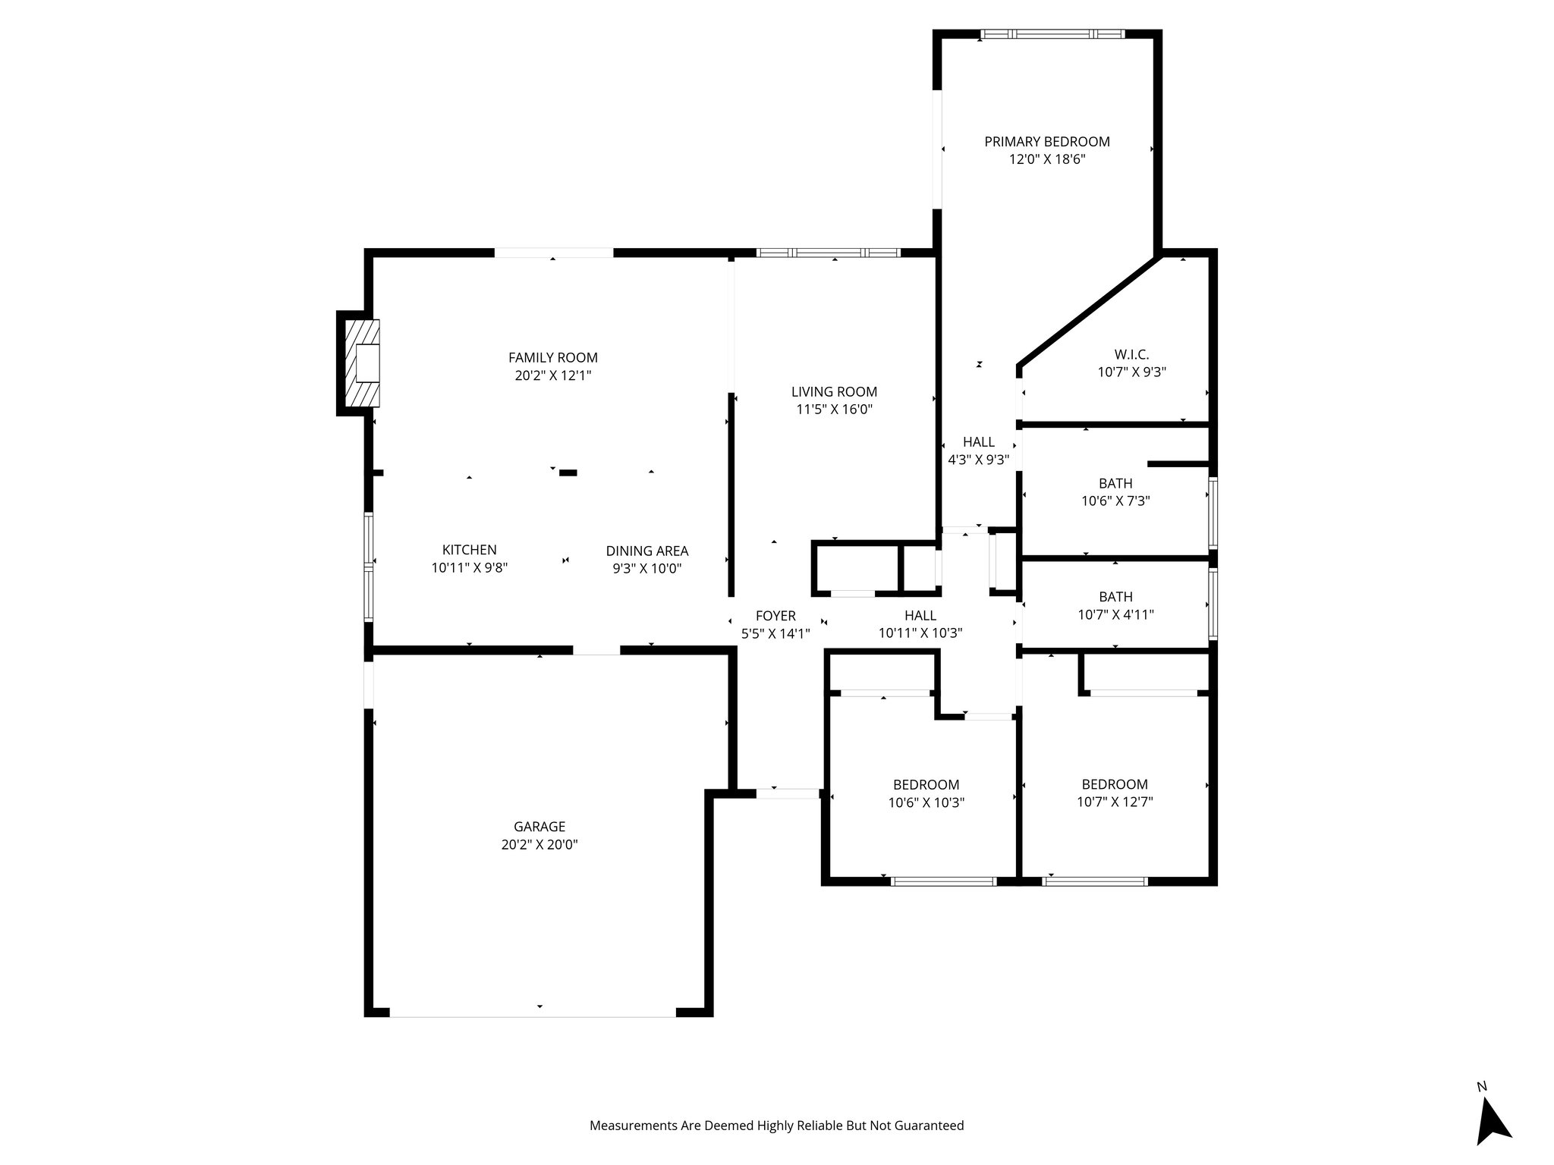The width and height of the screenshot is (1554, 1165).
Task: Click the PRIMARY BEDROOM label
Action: (x=1046, y=142)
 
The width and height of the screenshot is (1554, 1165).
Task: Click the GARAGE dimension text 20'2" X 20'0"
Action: (x=539, y=845)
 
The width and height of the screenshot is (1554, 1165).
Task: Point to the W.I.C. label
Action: (x=1131, y=354)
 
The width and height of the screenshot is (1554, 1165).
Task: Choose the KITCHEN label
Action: (x=469, y=550)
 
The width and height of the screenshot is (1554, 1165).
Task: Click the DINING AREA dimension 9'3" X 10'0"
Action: (x=647, y=569)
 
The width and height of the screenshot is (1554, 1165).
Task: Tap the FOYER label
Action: (x=775, y=616)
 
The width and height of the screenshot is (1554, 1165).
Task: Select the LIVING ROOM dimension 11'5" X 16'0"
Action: (x=834, y=410)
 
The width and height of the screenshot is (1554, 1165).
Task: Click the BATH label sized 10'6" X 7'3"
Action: (x=1115, y=483)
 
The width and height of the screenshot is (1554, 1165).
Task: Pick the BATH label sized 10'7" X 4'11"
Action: (x=1115, y=597)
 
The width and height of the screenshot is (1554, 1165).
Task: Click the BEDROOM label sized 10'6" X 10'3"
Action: (x=926, y=785)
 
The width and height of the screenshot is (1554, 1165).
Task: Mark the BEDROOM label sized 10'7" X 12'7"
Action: (x=1115, y=784)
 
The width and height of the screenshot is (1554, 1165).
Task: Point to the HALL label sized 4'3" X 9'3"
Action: (x=978, y=442)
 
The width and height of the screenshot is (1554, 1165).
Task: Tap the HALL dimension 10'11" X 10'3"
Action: (x=920, y=633)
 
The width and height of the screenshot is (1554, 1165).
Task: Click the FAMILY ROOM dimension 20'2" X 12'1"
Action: (x=552, y=375)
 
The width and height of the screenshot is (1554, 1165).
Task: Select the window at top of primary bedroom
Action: (x=1052, y=34)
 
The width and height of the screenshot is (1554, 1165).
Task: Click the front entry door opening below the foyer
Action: (x=788, y=793)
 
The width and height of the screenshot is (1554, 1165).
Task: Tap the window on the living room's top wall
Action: (x=828, y=253)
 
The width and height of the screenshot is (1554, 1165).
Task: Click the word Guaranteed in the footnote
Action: (x=929, y=1126)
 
